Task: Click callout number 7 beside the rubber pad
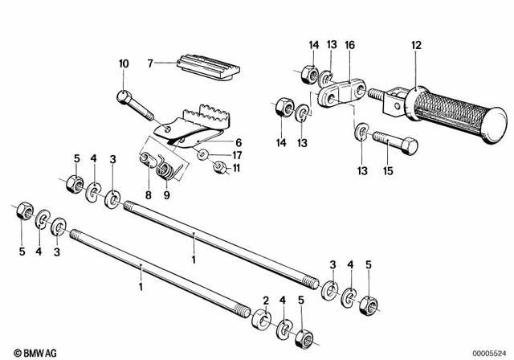tap(149, 61)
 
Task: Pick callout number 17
tap(238, 154)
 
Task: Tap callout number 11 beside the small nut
tap(237, 169)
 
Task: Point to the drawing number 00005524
tap(489, 352)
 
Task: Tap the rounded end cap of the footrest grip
tap(495, 125)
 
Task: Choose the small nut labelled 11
tap(218, 167)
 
